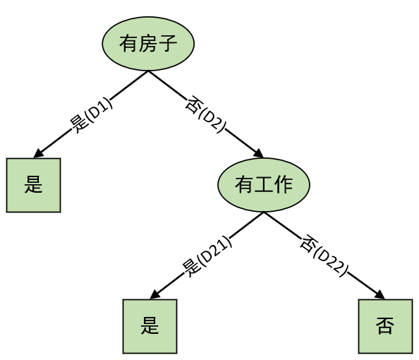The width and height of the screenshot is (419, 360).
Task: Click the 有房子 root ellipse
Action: [x=148, y=44]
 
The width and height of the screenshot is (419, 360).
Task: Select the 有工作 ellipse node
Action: [x=264, y=185]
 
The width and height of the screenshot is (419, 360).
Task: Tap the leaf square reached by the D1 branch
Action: [x=33, y=186]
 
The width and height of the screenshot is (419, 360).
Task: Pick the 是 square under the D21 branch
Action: [x=150, y=326]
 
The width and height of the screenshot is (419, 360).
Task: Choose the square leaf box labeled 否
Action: [x=385, y=326]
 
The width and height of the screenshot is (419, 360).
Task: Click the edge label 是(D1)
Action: [x=91, y=115]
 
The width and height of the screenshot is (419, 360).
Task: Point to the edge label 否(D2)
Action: [x=206, y=114]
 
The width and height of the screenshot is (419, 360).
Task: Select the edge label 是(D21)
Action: [x=207, y=256]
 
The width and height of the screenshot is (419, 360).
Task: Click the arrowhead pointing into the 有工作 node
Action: [x=259, y=154]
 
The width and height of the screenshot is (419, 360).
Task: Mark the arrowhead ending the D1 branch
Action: [x=39, y=153]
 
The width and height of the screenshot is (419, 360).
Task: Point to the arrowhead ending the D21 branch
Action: [x=155, y=294]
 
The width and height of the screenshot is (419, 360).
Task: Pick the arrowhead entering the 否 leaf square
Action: [x=380, y=294]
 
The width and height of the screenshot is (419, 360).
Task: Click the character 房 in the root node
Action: [x=147, y=43]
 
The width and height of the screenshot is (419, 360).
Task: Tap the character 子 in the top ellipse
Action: [x=167, y=43]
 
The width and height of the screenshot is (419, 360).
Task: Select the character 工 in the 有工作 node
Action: [x=264, y=184]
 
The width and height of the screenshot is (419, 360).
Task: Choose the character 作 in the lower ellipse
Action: [x=284, y=184]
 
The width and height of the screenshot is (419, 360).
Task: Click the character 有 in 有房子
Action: [x=128, y=43]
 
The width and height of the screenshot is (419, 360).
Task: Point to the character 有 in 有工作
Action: [x=244, y=184]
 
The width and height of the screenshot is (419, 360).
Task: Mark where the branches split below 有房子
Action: [x=148, y=71]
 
